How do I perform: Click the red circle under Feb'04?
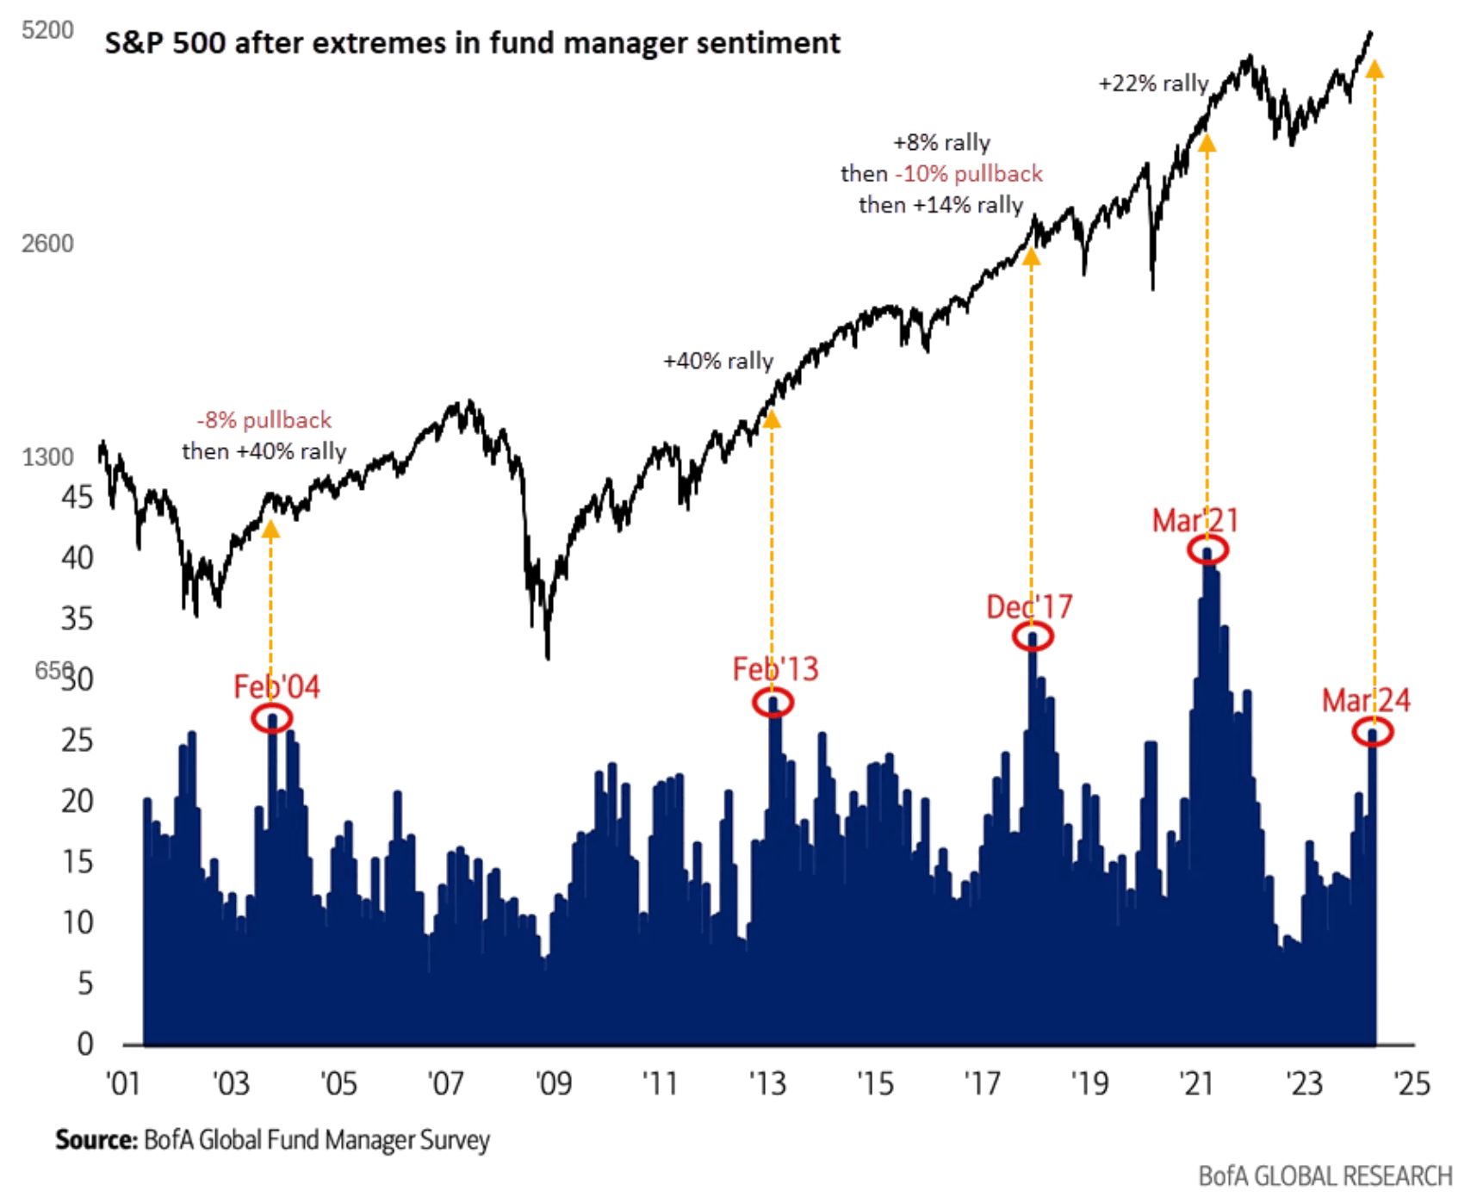point(271,718)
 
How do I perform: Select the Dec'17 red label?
point(1029,607)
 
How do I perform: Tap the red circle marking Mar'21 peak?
point(1207,549)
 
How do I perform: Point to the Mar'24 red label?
point(1366,700)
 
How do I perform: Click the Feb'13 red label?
point(775,669)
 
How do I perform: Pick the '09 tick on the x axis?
point(553,1082)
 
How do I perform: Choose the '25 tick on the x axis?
point(1412,1082)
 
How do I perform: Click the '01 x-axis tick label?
point(123,1082)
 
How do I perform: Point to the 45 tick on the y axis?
point(77,497)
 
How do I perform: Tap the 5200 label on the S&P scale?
point(47,30)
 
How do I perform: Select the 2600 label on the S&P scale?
point(47,244)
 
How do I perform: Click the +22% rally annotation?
point(1153,84)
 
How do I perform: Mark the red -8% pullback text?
point(264,420)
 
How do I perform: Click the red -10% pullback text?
point(969,174)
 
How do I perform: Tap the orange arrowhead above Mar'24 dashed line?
point(1374,70)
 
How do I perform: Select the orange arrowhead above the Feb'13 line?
point(772,419)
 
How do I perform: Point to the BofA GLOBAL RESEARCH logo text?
point(1325,1176)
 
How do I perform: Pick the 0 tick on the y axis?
point(84,1045)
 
